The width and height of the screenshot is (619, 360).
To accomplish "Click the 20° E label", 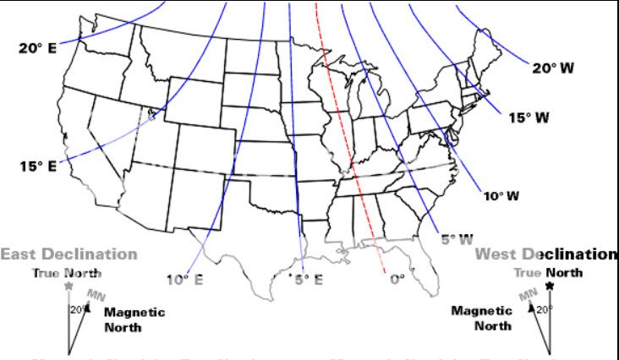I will click(x=36, y=47).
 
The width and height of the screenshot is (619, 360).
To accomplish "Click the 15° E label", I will click(x=36, y=166).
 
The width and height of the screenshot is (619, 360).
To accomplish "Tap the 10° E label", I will click(x=184, y=280).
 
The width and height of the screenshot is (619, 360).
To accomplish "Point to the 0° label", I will click(x=397, y=278).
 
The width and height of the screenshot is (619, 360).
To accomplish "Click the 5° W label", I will click(x=457, y=239).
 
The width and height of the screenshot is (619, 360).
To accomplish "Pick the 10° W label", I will click(x=501, y=196).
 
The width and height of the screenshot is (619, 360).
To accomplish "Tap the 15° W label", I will click(x=529, y=117).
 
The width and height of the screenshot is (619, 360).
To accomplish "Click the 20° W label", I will click(x=554, y=68).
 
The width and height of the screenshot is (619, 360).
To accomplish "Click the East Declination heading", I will click(x=68, y=254).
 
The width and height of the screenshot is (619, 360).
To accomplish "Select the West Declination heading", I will click(x=545, y=254).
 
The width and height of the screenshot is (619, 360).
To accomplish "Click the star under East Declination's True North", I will click(x=68, y=286).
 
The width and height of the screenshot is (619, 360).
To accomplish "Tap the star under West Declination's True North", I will click(x=551, y=286).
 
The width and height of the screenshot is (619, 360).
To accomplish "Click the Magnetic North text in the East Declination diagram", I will click(x=134, y=319).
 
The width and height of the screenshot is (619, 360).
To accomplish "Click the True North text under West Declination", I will click(x=548, y=272).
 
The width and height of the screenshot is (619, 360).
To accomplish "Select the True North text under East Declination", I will click(x=67, y=273).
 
